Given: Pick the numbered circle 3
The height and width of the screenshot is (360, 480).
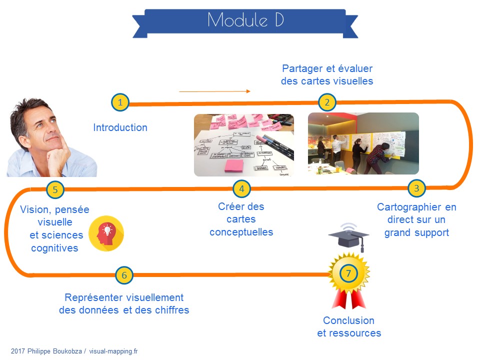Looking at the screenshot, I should [416, 188].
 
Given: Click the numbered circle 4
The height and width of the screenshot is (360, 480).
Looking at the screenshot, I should [241, 188].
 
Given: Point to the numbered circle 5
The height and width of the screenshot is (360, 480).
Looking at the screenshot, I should [55, 189].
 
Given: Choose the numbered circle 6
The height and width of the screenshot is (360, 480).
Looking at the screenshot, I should [124, 274].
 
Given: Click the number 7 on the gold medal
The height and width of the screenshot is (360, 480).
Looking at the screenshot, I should [348, 273].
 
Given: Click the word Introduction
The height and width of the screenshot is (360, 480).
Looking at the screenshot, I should [120, 127].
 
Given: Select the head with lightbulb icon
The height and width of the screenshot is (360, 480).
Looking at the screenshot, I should [106, 233].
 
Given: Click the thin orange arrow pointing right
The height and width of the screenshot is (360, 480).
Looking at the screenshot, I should [214, 91].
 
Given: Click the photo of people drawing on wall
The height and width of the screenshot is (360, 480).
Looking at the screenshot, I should [363, 143].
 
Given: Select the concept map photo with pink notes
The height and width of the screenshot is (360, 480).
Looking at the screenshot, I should [243, 145].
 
